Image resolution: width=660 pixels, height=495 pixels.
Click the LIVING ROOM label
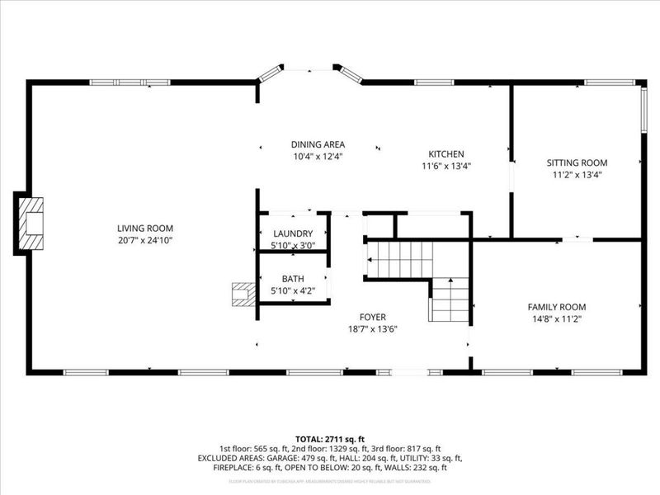tap(144, 229)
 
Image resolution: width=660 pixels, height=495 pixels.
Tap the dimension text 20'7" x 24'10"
tap(144, 240)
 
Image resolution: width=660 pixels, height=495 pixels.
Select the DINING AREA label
tap(318, 144)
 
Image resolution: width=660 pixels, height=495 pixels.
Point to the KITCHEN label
tap(446, 153)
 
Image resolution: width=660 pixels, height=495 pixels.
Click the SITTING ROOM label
tap(577, 163)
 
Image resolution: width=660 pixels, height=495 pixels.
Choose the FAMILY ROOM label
tap(557, 307)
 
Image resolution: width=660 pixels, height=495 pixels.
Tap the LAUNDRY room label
tap(293, 233)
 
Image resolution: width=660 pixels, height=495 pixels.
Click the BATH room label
tap(293, 279)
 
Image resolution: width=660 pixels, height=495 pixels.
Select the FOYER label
tap(372, 317)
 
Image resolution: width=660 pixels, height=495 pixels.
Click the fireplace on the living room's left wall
tap(30, 223)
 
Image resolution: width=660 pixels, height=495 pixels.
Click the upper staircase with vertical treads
tap(399, 259)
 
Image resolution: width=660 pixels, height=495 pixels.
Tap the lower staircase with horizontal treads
tap(450, 300)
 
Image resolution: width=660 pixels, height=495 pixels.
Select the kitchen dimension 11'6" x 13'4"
tap(446, 165)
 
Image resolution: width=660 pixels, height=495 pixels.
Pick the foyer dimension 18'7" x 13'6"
tap(372, 328)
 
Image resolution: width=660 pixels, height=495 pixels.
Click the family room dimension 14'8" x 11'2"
tap(557, 318)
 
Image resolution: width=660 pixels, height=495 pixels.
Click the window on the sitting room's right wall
tap(643, 108)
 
